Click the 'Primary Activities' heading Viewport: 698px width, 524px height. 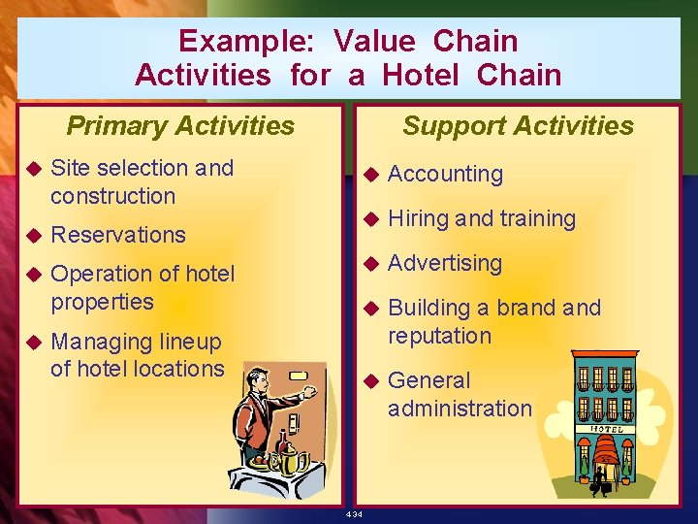[180, 126]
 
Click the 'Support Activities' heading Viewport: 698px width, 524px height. [518, 126]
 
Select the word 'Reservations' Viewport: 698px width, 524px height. [117, 235]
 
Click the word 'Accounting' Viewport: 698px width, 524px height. [445, 175]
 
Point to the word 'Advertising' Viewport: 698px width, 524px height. [445, 263]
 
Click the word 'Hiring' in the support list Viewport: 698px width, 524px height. [418, 219]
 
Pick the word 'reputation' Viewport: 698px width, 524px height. [439, 336]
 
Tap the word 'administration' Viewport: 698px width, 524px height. [460, 409]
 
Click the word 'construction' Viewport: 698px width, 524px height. [112, 196]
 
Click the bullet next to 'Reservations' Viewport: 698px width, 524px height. [33, 235]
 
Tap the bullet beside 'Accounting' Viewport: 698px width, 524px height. [369, 176]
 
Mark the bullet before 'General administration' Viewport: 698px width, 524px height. [369, 381]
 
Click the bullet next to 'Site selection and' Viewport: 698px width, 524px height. [33, 169]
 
